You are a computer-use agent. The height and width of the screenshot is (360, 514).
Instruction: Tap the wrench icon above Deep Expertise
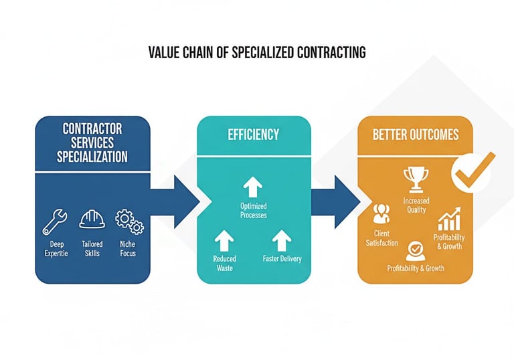(x=55, y=221)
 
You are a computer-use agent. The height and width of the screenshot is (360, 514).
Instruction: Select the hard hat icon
(x=92, y=219)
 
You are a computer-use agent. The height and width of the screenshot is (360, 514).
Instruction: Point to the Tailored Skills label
(x=92, y=248)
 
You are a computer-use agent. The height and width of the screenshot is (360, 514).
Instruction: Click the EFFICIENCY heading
(x=254, y=134)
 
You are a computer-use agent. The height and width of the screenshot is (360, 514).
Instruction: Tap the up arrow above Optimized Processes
(x=253, y=186)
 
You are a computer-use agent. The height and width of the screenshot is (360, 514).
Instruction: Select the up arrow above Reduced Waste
(x=224, y=238)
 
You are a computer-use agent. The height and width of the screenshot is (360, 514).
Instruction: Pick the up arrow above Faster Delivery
(x=282, y=238)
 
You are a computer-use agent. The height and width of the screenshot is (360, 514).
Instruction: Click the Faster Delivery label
(x=282, y=259)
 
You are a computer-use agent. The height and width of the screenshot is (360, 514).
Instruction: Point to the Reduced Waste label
(x=224, y=263)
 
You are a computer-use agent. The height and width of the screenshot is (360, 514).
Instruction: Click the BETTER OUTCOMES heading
(x=416, y=134)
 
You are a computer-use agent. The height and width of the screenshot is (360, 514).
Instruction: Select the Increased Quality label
(x=416, y=205)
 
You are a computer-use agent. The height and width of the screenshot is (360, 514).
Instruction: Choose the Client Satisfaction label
(x=381, y=238)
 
